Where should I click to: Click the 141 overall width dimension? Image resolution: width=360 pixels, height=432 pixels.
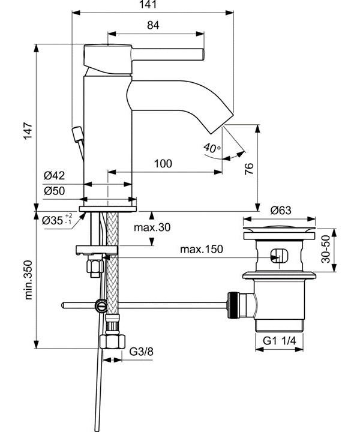(152, 5)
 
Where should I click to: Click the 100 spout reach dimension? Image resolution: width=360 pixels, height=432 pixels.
(163, 164)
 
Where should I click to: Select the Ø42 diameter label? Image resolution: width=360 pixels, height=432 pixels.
(54, 176)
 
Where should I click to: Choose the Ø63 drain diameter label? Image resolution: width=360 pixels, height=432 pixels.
(280, 210)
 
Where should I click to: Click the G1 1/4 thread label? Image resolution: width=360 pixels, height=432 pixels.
(280, 340)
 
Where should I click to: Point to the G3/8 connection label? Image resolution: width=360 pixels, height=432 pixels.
(142, 352)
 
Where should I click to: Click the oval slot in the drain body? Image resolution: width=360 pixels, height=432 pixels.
(280, 254)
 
